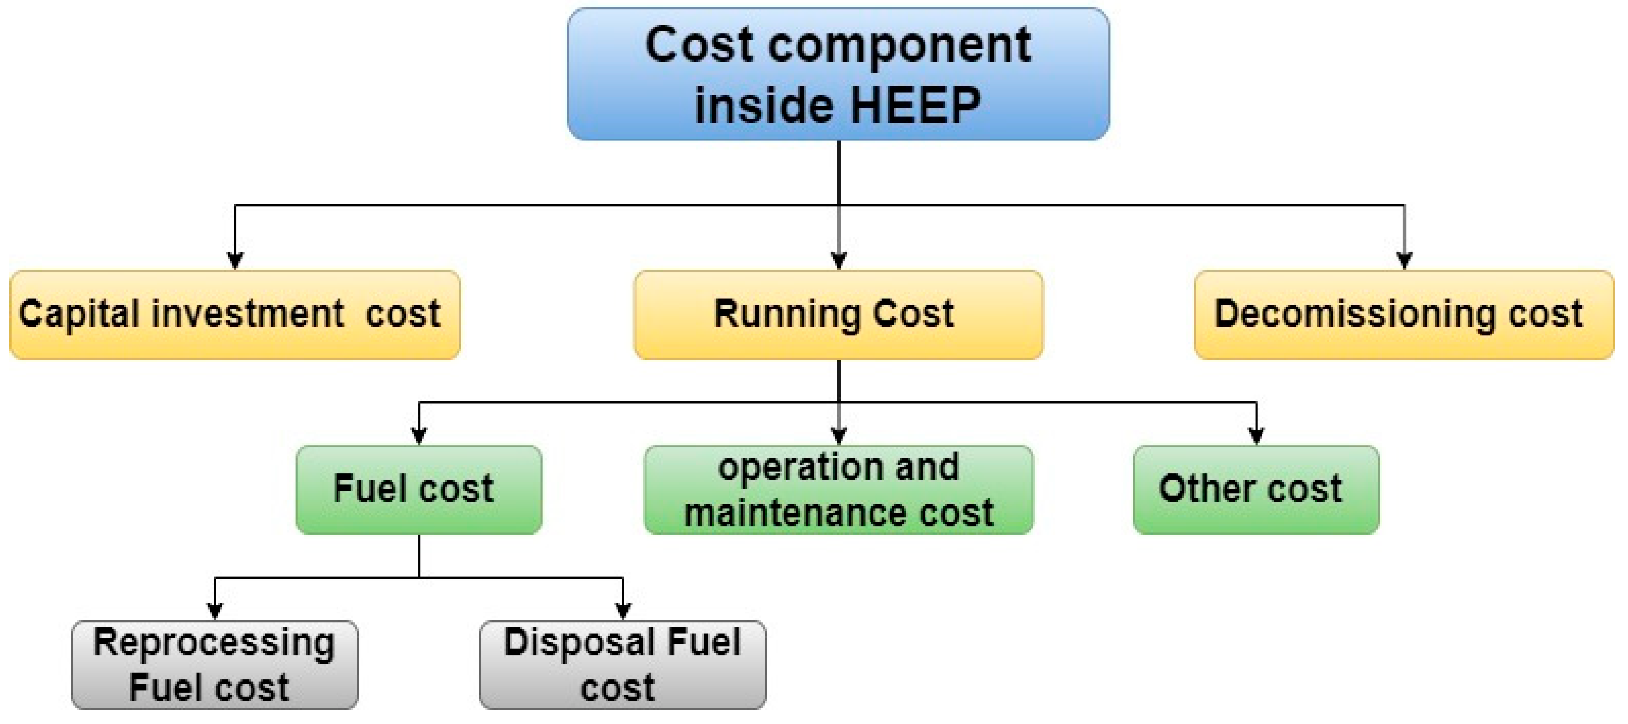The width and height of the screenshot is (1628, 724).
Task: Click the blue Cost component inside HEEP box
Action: point(838,74)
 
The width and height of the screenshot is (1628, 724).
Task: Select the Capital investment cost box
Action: point(235,315)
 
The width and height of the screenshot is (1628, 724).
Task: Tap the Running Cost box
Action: point(838,315)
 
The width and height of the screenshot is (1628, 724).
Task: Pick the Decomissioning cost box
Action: point(1403,315)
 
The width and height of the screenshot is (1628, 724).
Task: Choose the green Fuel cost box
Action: point(419,490)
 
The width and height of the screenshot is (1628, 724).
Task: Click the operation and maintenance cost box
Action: point(838,490)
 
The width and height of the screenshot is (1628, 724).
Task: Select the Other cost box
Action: point(1256,490)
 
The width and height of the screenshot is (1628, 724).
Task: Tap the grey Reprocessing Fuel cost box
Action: point(215,665)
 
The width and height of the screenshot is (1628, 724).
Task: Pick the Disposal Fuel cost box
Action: point(623,665)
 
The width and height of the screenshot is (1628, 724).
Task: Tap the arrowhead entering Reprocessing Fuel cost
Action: point(215,611)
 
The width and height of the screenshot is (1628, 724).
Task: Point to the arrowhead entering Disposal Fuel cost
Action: point(623,611)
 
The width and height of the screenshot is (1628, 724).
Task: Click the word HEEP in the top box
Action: point(915,105)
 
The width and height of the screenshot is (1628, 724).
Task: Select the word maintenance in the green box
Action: point(796,512)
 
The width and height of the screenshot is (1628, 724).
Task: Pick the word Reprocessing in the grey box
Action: point(214,643)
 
